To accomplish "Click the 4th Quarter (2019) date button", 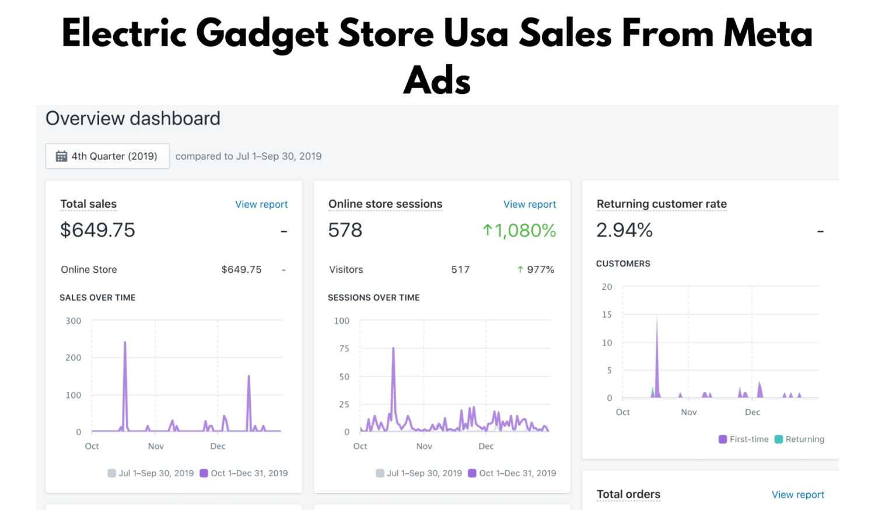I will click(108, 156).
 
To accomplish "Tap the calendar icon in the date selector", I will click(61, 156).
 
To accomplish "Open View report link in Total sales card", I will click(261, 205).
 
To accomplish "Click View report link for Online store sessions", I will click(530, 205).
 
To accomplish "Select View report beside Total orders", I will click(797, 495).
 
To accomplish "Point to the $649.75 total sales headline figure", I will click(97, 230).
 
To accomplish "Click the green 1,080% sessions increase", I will click(519, 231).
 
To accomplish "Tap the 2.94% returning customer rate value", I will click(624, 230).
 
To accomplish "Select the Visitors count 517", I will click(460, 270).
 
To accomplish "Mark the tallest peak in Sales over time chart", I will click(125, 343).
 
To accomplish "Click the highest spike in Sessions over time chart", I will click(393, 349).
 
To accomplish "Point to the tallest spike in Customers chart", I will click(657, 318).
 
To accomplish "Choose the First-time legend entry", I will click(744, 439).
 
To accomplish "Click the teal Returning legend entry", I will click(799, 439).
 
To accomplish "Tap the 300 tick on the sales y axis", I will click(73, 321).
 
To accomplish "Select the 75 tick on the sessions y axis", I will click(344, 349).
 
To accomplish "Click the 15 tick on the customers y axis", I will click(607, 315).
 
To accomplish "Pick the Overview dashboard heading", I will click(133, 119).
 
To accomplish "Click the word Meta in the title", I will click(768, 34).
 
